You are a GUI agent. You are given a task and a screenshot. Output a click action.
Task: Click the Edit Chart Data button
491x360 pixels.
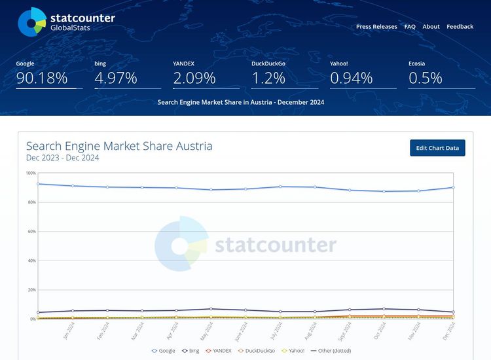pyautogui.click(x=437, y=148)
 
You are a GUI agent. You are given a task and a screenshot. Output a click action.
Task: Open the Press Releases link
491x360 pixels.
pyautogui.click(x=376, y=27)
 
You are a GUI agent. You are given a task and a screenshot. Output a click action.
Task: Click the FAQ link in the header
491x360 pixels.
pyautogui.click(x=410, y=27)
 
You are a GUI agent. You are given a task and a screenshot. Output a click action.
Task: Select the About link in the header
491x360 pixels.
pyautogui.click(x=431, y=27)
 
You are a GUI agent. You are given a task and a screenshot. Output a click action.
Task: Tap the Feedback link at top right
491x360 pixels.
pyautogui.click(x=460, y=27)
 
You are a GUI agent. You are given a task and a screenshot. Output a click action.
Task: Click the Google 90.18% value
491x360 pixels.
pyautogui.click(x=42, y=79)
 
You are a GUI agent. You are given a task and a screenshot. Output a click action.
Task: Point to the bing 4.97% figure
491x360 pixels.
pyautogui.click(x=116, y=79)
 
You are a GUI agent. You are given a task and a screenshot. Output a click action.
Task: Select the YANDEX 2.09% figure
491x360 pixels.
pyautogui.click(x=194, y=79)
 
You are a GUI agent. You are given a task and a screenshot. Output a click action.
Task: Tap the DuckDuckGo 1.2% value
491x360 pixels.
pyautogui.click(x=268, y=79)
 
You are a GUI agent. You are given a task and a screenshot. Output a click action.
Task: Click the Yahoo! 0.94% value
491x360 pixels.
pyautogui.click(x=351, y=79)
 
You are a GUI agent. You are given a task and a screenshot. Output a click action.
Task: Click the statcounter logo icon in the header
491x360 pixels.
pyautogui.click(x=31, y=22)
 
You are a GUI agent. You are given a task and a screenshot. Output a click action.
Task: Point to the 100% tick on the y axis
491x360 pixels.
pyautogui.click(x=31, y=173)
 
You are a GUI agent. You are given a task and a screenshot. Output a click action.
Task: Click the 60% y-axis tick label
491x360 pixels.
pyautogui.click(x=31, y=231)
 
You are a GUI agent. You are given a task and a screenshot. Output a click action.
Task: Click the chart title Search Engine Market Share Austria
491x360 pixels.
pyautogui.click(x=119, y=146)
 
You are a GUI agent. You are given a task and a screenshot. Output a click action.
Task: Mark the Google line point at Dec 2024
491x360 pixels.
pyautogui.click(x=453, y=187)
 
